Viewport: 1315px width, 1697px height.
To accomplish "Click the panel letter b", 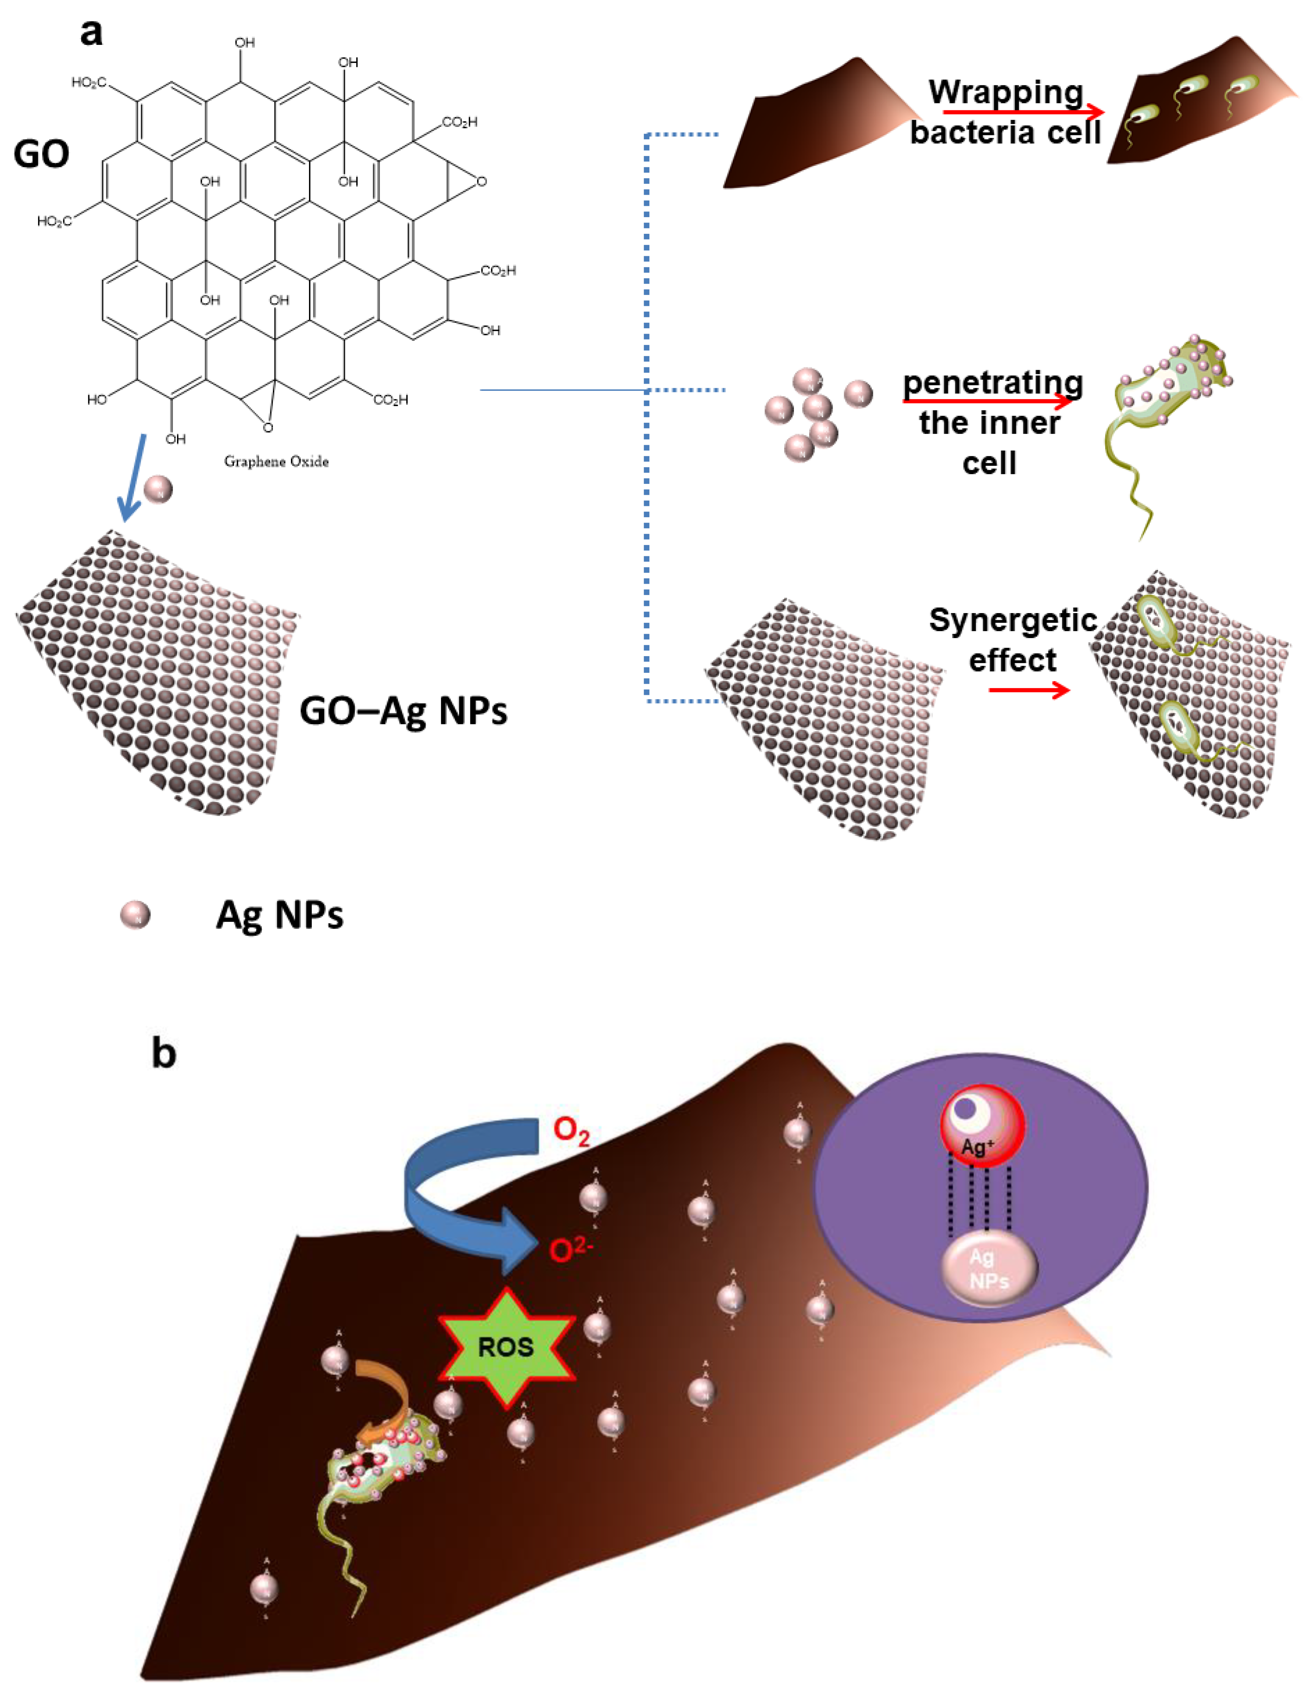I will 163,1054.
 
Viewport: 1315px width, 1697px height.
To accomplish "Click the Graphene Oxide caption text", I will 276,461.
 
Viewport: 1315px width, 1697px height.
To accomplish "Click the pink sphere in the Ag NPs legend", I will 135,915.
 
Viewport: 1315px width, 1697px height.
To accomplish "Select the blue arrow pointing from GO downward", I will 132,478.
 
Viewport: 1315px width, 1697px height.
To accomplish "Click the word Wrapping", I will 1006,92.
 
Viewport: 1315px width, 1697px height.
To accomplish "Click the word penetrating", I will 993,383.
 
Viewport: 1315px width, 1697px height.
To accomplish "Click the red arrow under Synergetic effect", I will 1029,690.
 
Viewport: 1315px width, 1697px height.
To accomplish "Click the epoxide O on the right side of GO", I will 482,182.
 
